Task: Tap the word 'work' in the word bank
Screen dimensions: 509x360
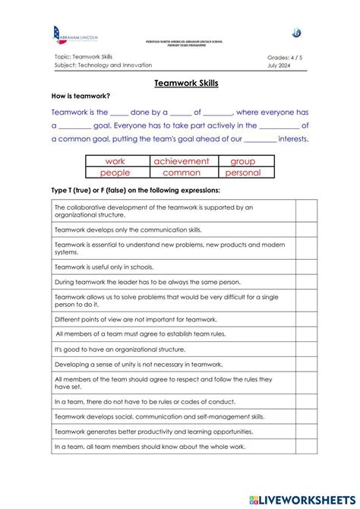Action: tap(115, 161)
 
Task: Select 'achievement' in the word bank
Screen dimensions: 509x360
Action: tap(181, 161)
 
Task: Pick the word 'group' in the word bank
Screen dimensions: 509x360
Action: tap(243, 161)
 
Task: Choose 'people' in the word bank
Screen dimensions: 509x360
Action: tap(115, 172)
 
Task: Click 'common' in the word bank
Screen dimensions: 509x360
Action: tap(181, 172)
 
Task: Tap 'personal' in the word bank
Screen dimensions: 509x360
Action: tap(243, 172)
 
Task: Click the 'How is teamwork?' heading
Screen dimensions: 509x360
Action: tap(81, 96)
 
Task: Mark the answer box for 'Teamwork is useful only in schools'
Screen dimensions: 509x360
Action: tap(306, 267)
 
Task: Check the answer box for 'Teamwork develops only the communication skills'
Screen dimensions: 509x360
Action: tap(306, 228)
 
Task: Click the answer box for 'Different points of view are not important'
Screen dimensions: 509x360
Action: tap(306, 319)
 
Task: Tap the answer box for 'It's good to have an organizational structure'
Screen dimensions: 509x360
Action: tap(306, 349)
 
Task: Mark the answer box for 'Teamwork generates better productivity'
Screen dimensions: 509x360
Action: tap(306, 431)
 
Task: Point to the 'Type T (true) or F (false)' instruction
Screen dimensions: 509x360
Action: tap(135, 190)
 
